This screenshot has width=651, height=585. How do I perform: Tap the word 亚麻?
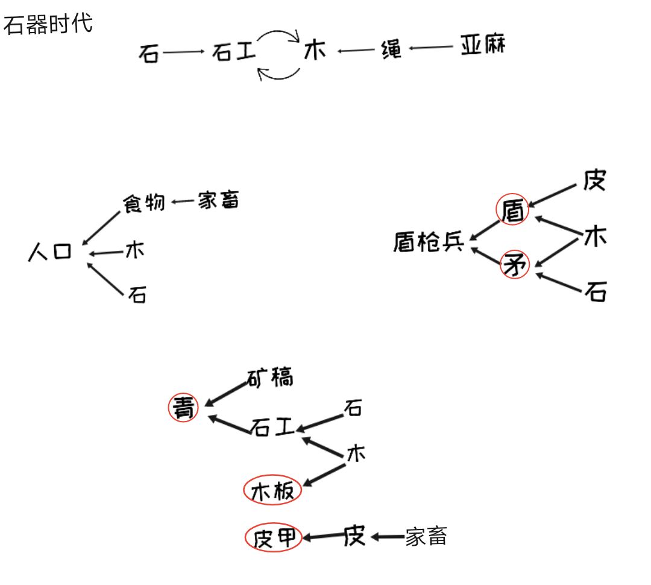[482, 46]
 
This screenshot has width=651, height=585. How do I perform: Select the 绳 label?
[392, 49]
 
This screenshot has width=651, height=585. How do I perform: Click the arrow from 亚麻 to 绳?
[430, 48]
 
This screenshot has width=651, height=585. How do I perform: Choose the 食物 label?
[144, 203]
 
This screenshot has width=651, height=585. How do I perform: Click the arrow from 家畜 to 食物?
[183, 202]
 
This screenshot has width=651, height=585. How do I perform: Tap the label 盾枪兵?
[429, 242]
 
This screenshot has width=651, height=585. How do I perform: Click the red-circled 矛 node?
[515, 265]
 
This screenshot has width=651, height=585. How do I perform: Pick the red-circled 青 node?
[183, 408]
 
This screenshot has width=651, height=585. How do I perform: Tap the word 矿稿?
[270, 378]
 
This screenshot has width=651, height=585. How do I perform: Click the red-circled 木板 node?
[272, 492]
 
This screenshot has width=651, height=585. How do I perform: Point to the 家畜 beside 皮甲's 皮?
[426, 536]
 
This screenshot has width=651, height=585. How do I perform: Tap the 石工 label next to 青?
[272, 428]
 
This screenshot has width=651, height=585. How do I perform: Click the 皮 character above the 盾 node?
[594, 180]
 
